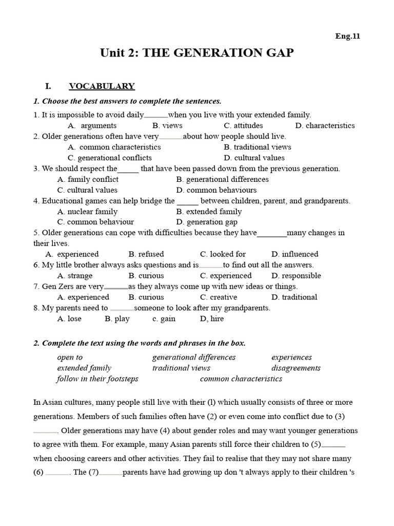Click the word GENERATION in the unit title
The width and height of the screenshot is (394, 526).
[x=205, y=53]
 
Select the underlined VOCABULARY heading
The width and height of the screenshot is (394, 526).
[x=102, y=86]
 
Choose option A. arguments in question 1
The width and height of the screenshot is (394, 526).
[x=92, y=125]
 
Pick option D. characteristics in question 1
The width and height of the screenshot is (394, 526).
[x=325, y=125]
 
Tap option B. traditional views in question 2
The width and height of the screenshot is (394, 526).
[x=257, y=147]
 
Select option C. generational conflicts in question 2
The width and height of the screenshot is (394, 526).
[x=109, y=158]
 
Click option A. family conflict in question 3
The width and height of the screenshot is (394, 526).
[x=88, y=179]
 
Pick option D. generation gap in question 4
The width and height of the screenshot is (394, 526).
[x=207, y=222]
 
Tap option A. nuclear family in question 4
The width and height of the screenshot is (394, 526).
[x=87, y=211]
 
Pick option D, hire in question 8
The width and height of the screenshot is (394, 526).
[x=212, y=318]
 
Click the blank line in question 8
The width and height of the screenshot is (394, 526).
[x=122, y=309]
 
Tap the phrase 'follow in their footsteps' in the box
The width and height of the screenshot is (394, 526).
[x=97, y=379]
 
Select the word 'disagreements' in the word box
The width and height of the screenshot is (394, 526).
[x=296, y=368]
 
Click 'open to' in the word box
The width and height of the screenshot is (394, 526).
[x=70, y=357]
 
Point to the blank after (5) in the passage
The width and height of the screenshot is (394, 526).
[x=334, y=445]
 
